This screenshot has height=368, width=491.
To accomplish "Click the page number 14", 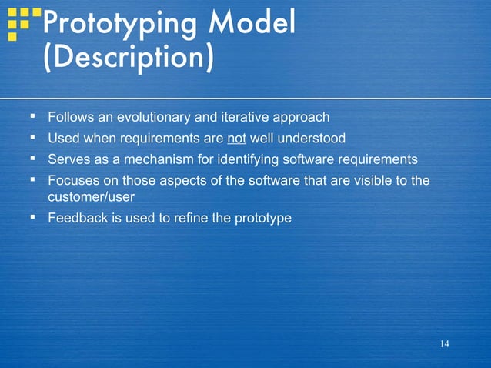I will click(444, 343).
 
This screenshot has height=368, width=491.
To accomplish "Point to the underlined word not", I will click(236, 139).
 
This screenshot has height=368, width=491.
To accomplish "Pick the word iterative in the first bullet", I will click(247, 118).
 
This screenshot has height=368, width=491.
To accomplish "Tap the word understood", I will click(309, 139).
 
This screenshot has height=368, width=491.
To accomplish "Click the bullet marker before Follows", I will click(32, 117).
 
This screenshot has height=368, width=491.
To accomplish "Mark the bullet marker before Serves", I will click(32, 159).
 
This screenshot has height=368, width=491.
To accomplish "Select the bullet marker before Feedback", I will click(32, 217).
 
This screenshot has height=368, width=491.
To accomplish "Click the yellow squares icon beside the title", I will click(22, 23).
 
